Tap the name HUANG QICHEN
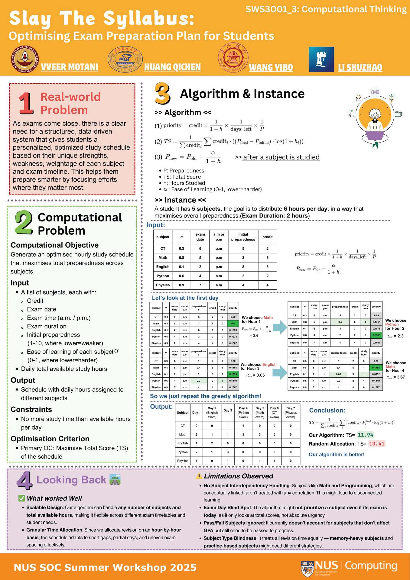172,67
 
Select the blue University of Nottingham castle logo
321,60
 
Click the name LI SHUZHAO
360,67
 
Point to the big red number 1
26,103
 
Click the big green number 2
24,223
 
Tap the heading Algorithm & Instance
242,94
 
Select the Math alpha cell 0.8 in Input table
181,258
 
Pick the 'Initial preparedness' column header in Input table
243,237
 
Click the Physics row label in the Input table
163,285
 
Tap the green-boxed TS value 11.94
365,435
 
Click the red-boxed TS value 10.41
376,444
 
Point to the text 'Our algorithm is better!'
337,454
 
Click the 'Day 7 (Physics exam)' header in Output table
291,412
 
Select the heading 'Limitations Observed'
238,476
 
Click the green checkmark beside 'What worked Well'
21,498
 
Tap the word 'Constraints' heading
31,409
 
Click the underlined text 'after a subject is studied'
281,157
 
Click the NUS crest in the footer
307,568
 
